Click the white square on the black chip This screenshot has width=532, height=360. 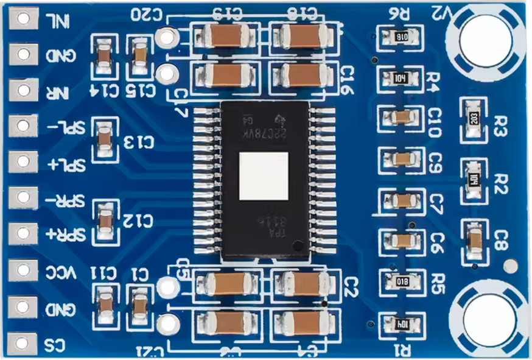[264, 176]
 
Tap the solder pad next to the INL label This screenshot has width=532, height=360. [24, 19]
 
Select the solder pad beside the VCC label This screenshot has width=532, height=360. [24, 269]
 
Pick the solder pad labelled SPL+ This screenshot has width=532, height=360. [24, 161]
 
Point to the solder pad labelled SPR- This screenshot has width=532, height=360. [24, 197]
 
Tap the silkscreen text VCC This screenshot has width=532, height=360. [61, 272]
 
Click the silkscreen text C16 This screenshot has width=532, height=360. [348, 80]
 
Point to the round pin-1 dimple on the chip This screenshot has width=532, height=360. [296, 246]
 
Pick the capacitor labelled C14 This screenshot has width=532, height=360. [104, 57]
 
